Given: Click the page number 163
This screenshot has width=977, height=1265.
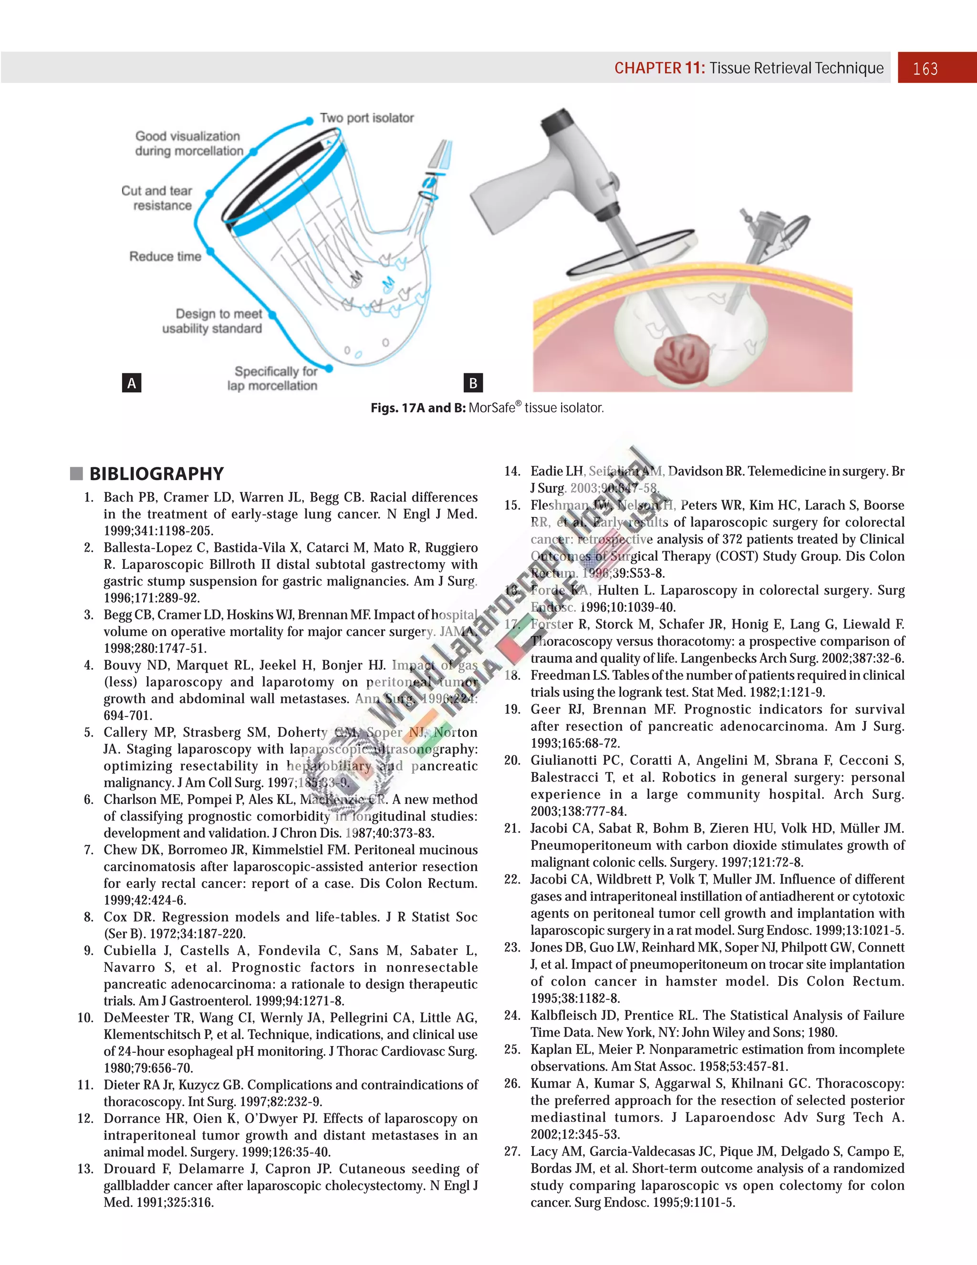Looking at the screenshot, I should (925, 69).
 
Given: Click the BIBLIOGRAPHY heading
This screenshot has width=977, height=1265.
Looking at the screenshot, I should (156, 474).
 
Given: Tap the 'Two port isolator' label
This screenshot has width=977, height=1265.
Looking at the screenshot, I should (367, 118).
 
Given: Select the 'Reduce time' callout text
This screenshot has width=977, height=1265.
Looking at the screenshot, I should (165, 257).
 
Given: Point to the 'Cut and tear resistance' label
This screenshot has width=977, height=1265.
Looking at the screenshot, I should (156, 198).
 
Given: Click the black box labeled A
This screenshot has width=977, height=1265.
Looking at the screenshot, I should (132, 383).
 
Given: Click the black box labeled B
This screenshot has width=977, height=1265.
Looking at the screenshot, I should (473, 383).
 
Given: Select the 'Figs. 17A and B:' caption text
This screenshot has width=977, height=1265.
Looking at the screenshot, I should (418, 408).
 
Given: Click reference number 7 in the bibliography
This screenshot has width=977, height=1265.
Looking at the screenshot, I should (89, 850).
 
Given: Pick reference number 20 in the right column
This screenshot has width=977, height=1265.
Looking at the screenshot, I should (512, 761).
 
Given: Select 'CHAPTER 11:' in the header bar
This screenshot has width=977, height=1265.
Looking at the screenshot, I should (659, 68).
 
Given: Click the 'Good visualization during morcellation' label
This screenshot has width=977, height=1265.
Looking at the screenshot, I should (188, 144).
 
